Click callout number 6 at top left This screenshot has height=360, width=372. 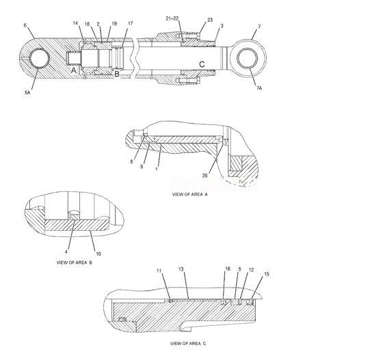tap(25, 25)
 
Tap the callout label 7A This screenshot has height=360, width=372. tap(259, 88)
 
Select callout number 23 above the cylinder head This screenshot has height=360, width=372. tap(210, 20)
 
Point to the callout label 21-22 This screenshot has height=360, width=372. tap(172, 18)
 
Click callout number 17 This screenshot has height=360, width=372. tap(130, 23)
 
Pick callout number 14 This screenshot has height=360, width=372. tap(75, 23)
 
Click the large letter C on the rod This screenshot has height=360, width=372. tap(202, 64)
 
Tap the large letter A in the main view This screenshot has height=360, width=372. tap(74, 70)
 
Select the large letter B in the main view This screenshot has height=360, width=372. tap(117, 74)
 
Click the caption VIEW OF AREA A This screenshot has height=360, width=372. tap(190, 194)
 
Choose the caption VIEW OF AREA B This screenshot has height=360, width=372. tap(75, 262)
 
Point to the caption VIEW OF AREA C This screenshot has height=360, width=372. tap(188, 344)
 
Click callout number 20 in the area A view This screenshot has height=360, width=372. tap(204, 176)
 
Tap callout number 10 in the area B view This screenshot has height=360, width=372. tap(98, 254)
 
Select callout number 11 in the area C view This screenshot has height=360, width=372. tap(159, 271)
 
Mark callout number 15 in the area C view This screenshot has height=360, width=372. tap(267, 274)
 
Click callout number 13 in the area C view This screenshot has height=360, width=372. tap(181, 269)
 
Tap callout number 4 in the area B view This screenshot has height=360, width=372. tap(66, 251)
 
